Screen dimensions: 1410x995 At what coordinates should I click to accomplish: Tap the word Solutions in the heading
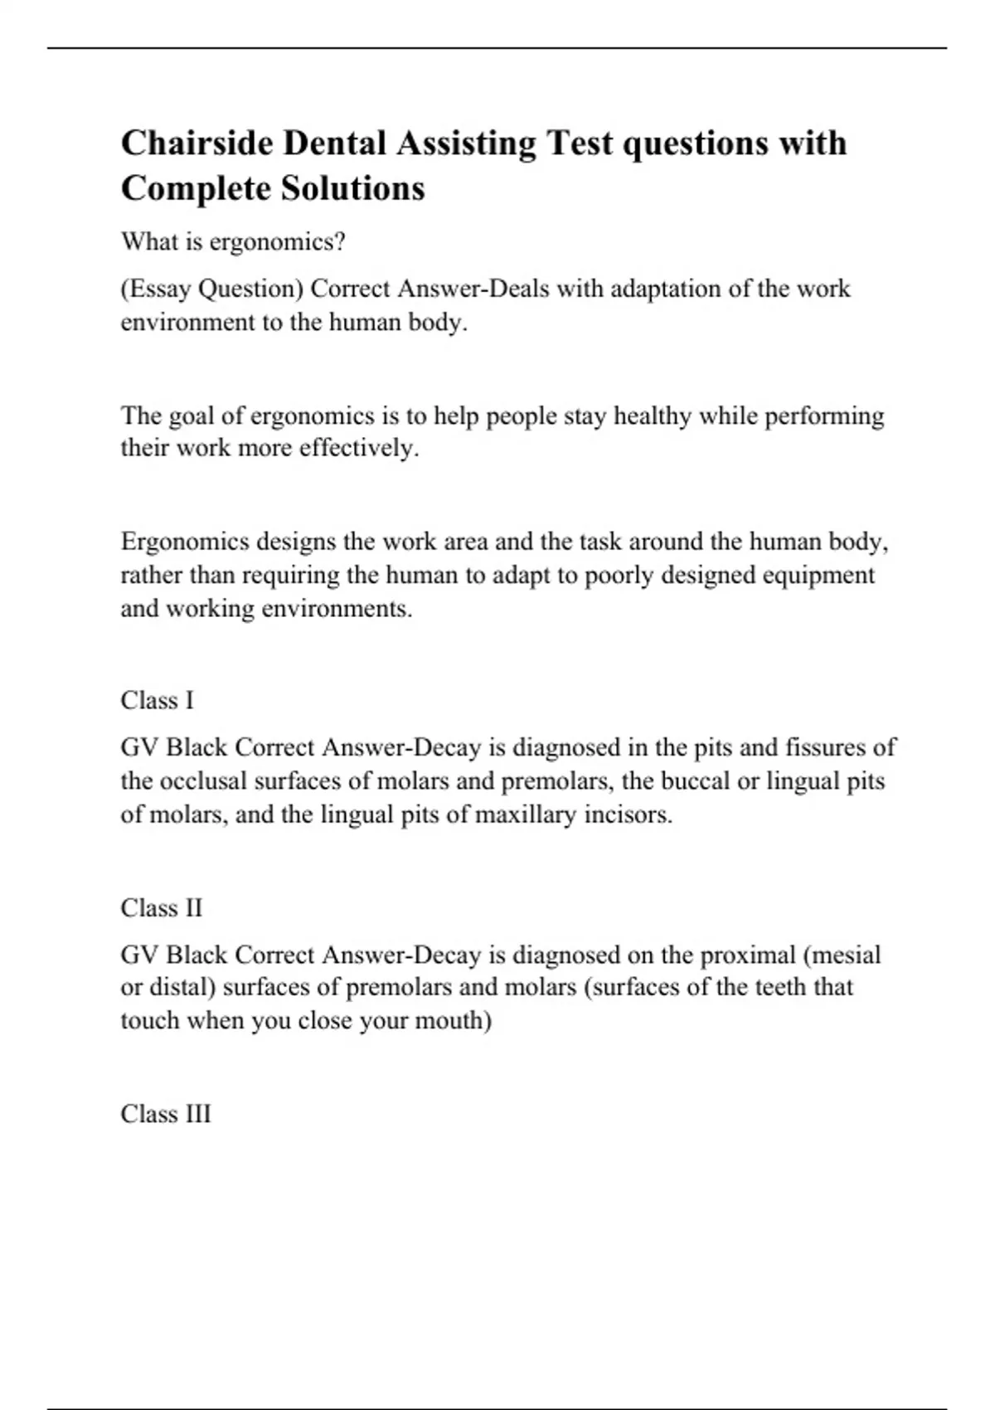point(353,188)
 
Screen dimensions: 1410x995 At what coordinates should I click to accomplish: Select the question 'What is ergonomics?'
point(233,242)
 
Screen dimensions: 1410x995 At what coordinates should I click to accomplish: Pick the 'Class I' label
point(157,701)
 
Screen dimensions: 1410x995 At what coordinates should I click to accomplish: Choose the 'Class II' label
point(161,908)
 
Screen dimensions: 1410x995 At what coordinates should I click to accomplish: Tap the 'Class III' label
point(166,1114)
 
